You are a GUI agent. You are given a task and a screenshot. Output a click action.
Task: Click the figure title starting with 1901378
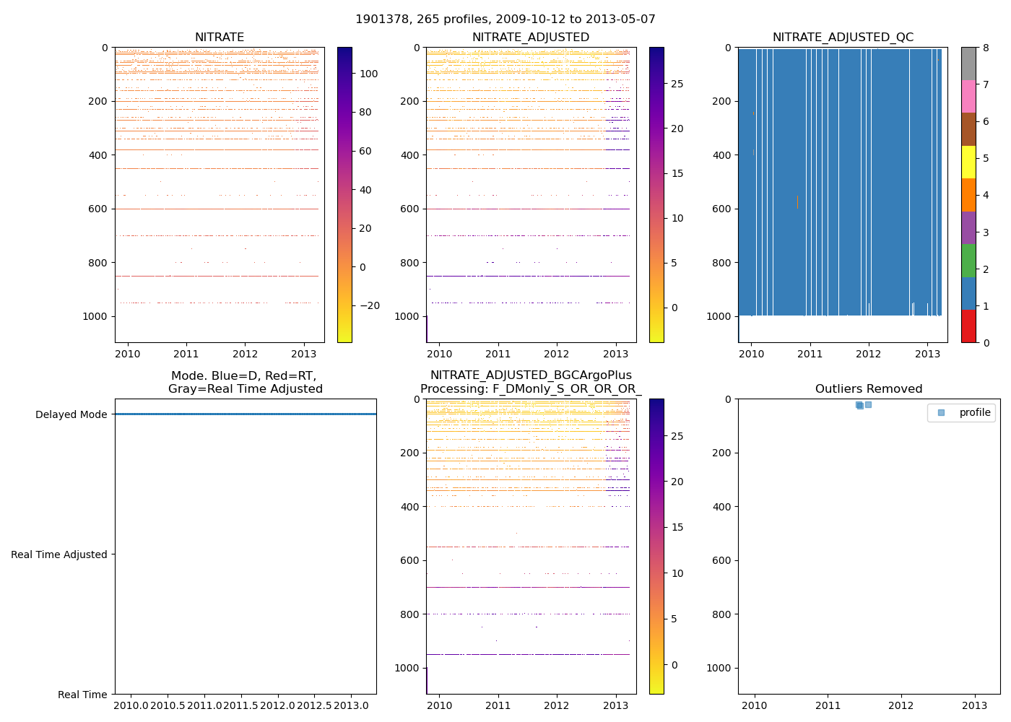tap(505, 19)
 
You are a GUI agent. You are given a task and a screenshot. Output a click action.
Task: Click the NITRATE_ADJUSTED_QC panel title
tap(843, 38)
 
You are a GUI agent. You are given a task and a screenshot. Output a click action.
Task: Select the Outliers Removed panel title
tap(869, 389)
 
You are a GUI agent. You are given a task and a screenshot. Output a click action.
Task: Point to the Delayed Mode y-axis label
tap(71, 414)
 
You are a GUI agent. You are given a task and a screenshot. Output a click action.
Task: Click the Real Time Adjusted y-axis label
tap(58, 554)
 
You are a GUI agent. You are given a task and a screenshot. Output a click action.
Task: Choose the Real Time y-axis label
tap(82, 695)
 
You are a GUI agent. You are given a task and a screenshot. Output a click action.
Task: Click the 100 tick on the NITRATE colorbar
tap(369, 74)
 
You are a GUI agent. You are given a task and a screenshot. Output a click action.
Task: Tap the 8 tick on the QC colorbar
tap(986, 48)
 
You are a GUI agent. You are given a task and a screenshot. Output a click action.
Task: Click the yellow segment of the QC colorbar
tap(968, 162)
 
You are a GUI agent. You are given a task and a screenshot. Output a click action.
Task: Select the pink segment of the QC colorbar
tap(968, 96)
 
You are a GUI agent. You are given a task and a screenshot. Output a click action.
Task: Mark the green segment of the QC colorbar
tap(968, 260)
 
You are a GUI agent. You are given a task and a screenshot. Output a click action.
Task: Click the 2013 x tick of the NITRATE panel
tap(303, 354)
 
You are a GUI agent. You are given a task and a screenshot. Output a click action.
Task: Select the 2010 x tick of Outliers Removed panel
tap(755, 705)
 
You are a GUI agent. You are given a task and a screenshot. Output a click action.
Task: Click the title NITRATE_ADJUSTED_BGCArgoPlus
tap(531, 375)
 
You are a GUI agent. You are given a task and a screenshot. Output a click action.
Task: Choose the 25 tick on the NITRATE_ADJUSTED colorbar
tap(677, 84)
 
